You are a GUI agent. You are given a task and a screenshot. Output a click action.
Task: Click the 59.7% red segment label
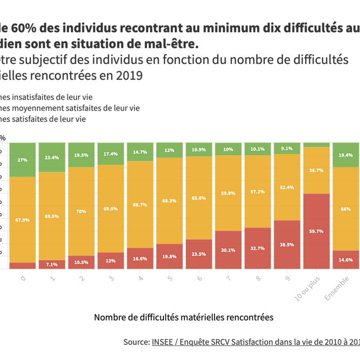coord(317,231)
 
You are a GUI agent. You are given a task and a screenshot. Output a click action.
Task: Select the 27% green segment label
coord(22,160)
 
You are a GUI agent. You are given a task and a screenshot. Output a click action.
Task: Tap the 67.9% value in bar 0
coord(22,220)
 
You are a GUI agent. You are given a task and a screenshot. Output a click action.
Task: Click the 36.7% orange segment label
coord(317,171)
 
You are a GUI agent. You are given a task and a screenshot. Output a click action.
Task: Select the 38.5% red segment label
coord(287,245)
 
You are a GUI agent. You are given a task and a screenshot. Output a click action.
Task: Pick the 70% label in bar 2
coord(81,211)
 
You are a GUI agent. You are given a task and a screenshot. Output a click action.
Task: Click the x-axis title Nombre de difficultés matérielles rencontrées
coord(184,317)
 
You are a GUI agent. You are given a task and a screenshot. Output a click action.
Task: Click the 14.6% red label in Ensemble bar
coord(346,260)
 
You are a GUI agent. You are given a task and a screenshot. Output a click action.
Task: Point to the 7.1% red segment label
coord(52,265)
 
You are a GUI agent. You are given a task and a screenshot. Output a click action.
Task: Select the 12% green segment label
coord(169,150)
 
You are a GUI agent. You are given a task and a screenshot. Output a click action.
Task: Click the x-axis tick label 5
coord(170,279)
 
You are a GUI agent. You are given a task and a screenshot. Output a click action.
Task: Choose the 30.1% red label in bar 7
coord(229,250)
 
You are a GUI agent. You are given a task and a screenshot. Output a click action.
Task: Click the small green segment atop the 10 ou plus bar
coord(317,145)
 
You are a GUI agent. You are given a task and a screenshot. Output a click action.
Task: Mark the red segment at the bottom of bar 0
coord(22,265)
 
